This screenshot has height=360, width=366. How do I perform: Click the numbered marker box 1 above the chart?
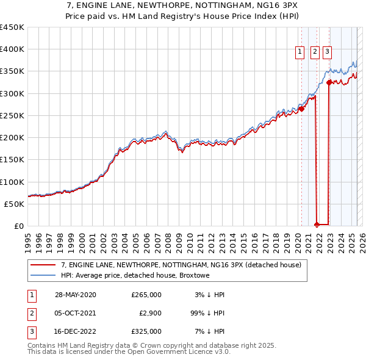tap(301, 52)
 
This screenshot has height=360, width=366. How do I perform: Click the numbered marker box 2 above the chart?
tap(315, 52)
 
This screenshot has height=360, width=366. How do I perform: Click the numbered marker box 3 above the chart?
tap(328, 52)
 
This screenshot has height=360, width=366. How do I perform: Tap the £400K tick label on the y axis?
tap(12, 49)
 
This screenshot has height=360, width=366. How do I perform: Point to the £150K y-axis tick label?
tap(12, 160)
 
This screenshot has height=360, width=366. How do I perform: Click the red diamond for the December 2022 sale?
tap(329, 82)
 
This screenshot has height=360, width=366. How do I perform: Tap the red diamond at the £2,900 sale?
tap(317, 224)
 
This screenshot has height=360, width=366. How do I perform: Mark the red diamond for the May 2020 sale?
tap(301, 109)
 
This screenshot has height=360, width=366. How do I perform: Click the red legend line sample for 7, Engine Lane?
tap(43, 265)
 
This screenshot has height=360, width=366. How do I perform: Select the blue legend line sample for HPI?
tap(43, 275)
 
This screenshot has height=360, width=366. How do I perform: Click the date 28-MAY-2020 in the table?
tap(75, 295)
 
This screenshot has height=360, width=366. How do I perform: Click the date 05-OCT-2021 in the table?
tap(75, 313)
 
